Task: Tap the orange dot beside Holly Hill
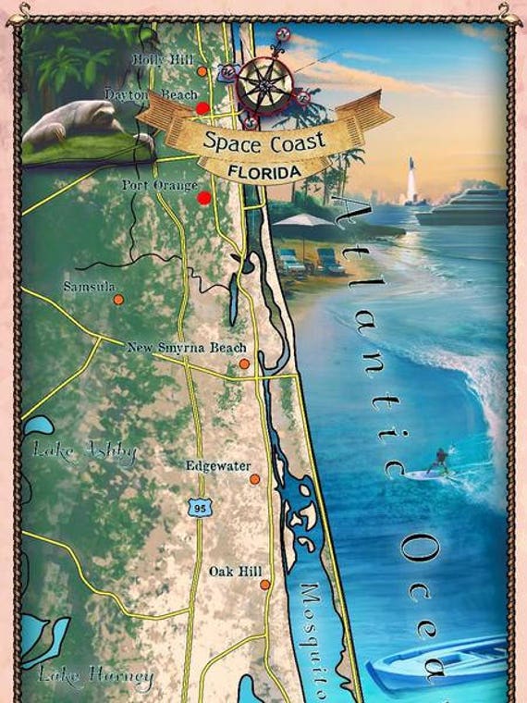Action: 202,71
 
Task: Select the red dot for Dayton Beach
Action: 202,108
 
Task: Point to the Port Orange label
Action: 159,185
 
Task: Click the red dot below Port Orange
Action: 203,198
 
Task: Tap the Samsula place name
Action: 90,287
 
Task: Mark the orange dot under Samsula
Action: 117,300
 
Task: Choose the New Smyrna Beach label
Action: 187,348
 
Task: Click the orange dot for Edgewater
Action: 254,479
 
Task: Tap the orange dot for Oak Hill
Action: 264,585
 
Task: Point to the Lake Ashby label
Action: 85,452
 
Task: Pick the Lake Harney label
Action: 96,677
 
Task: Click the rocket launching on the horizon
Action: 411,180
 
